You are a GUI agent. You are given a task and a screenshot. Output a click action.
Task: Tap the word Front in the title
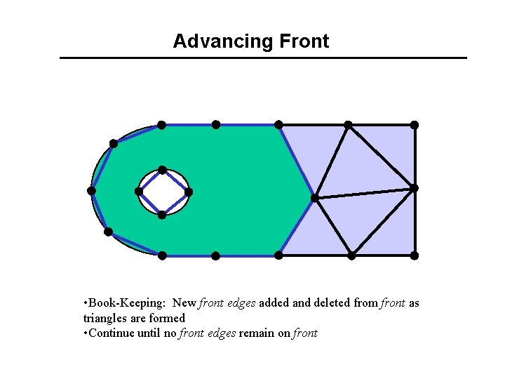tap(304, 41)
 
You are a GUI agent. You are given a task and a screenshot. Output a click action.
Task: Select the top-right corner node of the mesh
tap(415, 125)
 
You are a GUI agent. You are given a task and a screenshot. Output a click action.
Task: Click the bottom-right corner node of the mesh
tap(415, 255)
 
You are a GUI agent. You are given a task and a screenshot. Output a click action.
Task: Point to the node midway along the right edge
tap(414, 188)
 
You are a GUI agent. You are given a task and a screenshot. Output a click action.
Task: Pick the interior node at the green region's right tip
tap(314, 198)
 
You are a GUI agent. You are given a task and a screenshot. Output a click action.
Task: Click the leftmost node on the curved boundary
tap(91, 191)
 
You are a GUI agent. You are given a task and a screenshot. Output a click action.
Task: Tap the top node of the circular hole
tap(162, 170)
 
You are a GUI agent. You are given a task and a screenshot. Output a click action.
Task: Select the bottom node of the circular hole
tap(162, 215)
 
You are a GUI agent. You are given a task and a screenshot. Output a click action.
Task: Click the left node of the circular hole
tap(139, 191)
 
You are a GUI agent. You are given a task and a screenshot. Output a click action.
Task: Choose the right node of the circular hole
tap(188, 192)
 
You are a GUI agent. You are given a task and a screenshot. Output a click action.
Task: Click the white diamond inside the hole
tap(163, 192)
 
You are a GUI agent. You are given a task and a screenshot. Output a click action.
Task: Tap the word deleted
tap(333, 303)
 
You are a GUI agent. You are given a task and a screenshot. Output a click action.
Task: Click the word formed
tap(168, 318)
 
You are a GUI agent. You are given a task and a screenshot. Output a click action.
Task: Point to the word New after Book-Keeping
tap(184, 303)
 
